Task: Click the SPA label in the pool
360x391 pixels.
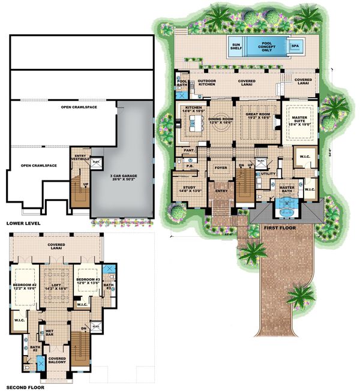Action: pyautogui.click(x=295, y=45)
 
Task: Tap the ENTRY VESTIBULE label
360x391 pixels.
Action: pyautogui.click(x=81, y=158)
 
